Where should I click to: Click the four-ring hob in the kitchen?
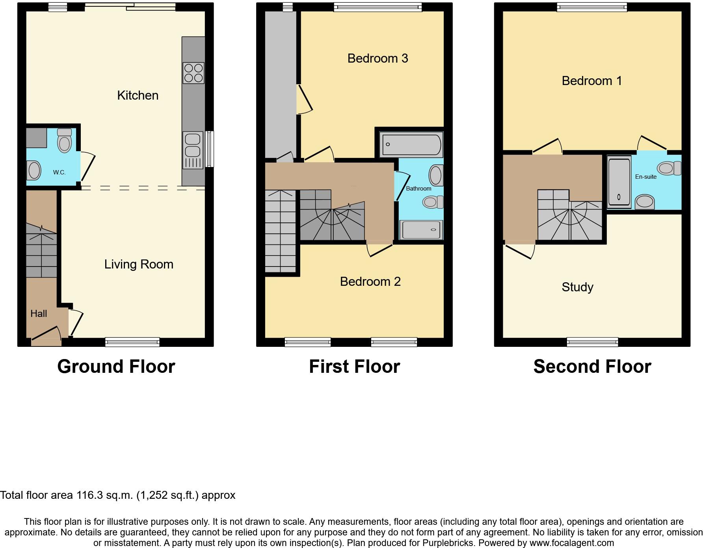point(193,73)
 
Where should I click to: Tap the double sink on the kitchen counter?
point(193,145)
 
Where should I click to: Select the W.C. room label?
point(60,172)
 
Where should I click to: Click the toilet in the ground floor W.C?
point(65,141)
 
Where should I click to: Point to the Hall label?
point(39,314)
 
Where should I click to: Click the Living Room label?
point(139,264)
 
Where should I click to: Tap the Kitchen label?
point(138,95)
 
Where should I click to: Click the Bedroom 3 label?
point(378,58)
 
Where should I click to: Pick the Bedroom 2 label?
point(370,281)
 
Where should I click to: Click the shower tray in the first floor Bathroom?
point(421,230)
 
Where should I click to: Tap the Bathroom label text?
point(418,189)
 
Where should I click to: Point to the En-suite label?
point(645,177)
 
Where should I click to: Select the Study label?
point(577,287)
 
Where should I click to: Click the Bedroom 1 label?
point(591,81)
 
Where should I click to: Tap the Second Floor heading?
point(592,367)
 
